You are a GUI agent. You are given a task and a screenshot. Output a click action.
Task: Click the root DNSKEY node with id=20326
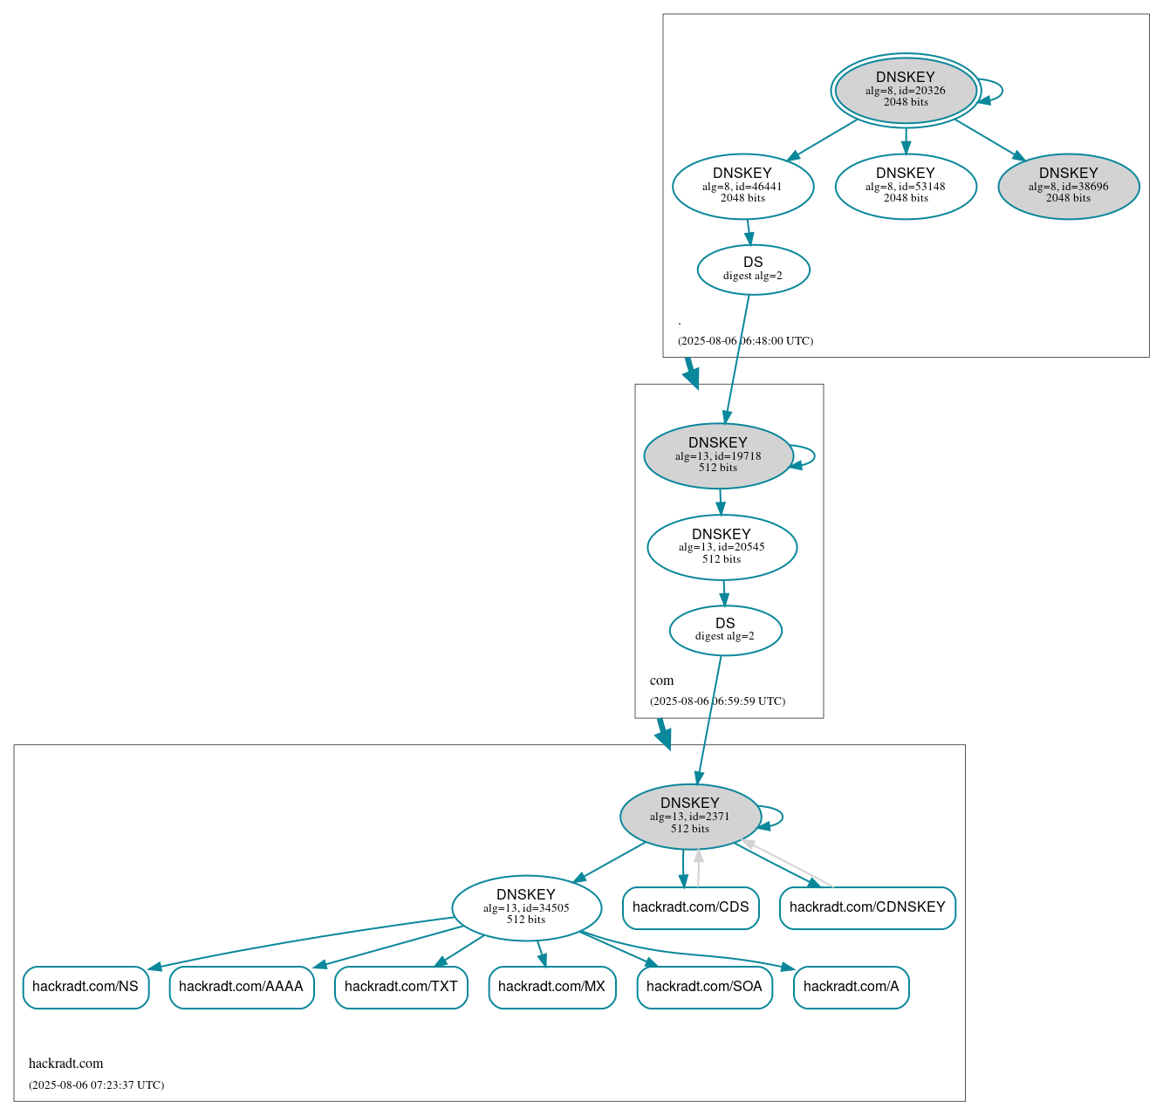tap(906, 90)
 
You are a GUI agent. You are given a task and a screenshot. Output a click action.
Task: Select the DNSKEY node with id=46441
tap(742, 186)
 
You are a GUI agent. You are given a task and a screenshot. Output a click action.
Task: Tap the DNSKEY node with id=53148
tap(906, 186)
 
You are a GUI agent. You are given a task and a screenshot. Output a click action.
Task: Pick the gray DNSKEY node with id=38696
tap(1068, 186)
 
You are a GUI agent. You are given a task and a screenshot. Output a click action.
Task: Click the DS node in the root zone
tap(753, 270)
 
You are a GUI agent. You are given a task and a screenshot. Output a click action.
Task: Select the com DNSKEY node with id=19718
tap(718, 455)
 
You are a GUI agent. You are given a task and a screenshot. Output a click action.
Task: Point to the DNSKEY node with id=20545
tap(722, 547)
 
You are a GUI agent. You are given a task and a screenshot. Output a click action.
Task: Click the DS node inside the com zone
tap(725, 630)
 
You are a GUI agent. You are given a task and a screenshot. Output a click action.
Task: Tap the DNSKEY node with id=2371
tap(690, 817)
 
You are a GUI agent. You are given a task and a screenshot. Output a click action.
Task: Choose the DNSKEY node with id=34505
tap(526, 908)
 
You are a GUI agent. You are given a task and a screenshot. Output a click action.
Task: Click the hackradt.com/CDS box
tap(690, 907)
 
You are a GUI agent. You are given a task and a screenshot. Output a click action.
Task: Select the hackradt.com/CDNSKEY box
tap(867, 907)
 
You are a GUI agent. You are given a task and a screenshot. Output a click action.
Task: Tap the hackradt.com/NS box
tap(86, 987)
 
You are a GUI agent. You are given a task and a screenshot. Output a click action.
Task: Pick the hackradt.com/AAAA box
tap(241, 987)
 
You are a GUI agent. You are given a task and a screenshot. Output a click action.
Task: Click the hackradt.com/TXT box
tap(400, 987)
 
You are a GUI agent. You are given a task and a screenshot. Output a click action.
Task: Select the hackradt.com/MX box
tap(551, 987)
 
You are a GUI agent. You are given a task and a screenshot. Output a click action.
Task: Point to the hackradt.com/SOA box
tap(704, 987)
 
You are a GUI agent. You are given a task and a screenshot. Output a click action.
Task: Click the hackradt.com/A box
tap(851, 987)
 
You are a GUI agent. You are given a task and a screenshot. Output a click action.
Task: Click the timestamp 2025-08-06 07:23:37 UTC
tap(96, 1085)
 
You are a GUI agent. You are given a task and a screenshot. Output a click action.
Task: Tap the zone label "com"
tap(661, 681)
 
